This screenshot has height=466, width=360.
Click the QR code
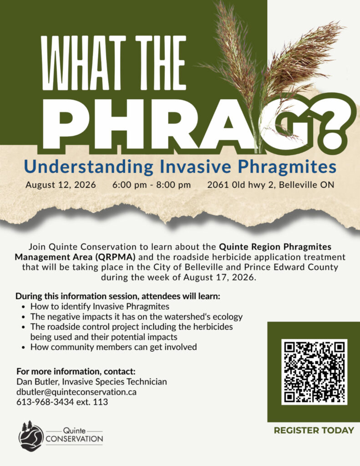tap(314, 372)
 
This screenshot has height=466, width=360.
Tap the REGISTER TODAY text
tap(314, 431)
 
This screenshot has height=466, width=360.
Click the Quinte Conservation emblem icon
tap(31, 436)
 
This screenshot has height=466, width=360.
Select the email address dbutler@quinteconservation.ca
tap(76, 392)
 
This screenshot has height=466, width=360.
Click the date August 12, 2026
tap(61, 185)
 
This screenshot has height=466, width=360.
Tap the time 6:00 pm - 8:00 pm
tap(151, 185)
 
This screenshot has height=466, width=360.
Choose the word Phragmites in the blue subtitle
tap(288, 167)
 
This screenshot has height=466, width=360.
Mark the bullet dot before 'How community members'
tap(24, 347)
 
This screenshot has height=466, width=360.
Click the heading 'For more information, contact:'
tap(76, 371)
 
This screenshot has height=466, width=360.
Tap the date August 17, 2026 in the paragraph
tap(219, 277)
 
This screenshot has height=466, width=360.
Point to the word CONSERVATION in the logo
tap(74, 439)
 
